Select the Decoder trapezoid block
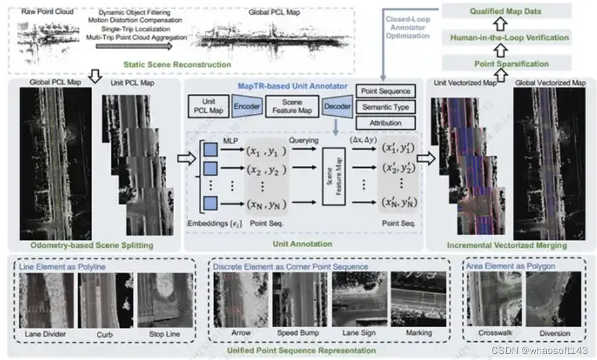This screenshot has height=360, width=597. (x=337, y=106)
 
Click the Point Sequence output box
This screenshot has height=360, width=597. (x=385, y=92)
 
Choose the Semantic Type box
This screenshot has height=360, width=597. (x=385, y=107)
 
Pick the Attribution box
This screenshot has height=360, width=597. (x=385, y=123)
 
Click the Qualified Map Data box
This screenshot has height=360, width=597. (x=507, y=11)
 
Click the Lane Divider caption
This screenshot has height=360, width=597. (x=45, y=333)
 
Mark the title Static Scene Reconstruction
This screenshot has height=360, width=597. (x=177, y=65)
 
